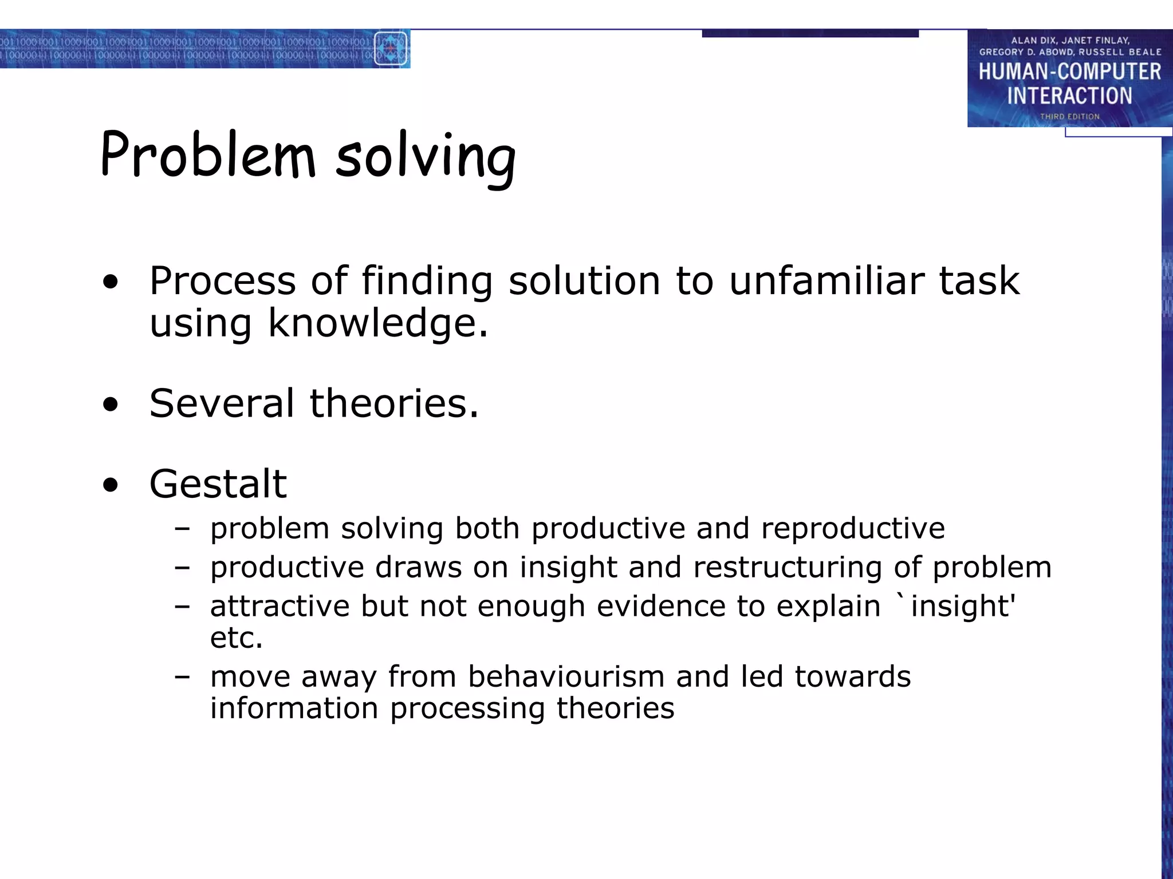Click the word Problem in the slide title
[208, 155]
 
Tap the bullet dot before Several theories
[111, 405]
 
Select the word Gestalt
[218, 484]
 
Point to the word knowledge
[378, 323]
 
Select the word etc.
[236, 638]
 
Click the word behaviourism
[566, 676]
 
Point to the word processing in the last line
[467, 708]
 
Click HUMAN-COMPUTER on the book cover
[1069, 72]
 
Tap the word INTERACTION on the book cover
[1069, 96]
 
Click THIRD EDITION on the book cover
[1069, 116]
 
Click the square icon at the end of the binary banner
[391, 48]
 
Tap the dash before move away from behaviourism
[182, 677]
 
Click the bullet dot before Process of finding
[111, 282]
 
